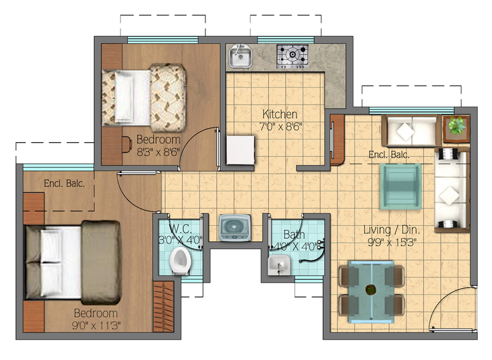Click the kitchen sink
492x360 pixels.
point(240,57)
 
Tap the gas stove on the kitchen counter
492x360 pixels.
point(292,56)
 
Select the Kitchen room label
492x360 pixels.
point(280,114)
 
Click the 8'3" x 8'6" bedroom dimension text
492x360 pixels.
point(158,151)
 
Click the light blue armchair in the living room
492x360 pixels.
point(400,185)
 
